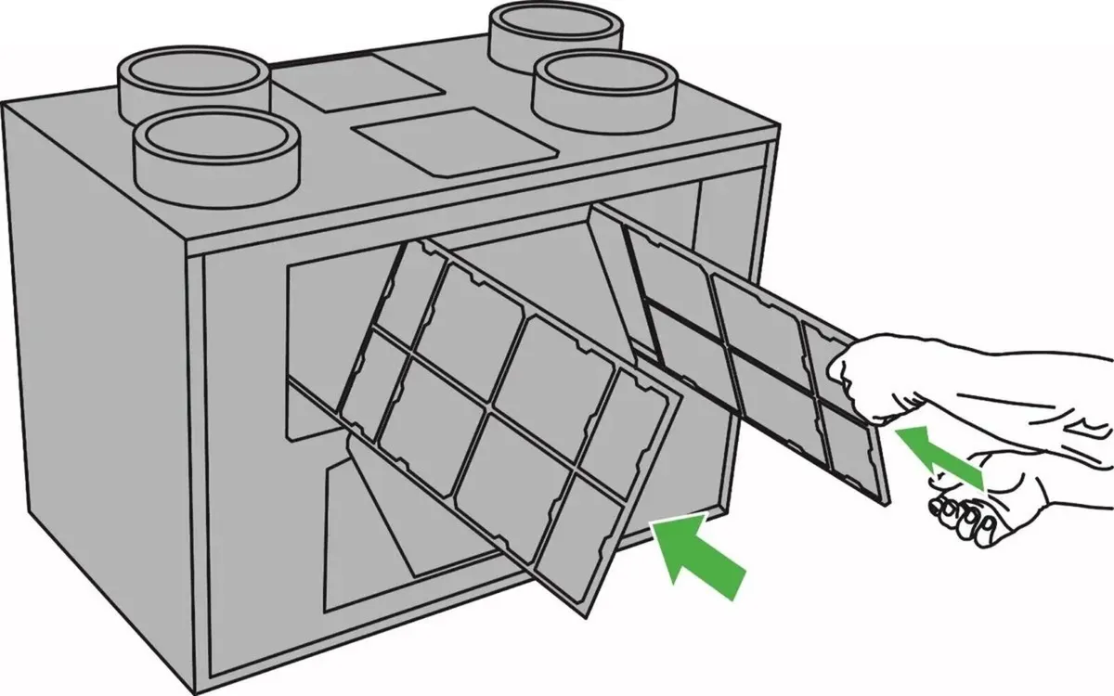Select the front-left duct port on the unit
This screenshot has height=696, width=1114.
point(216,148)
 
